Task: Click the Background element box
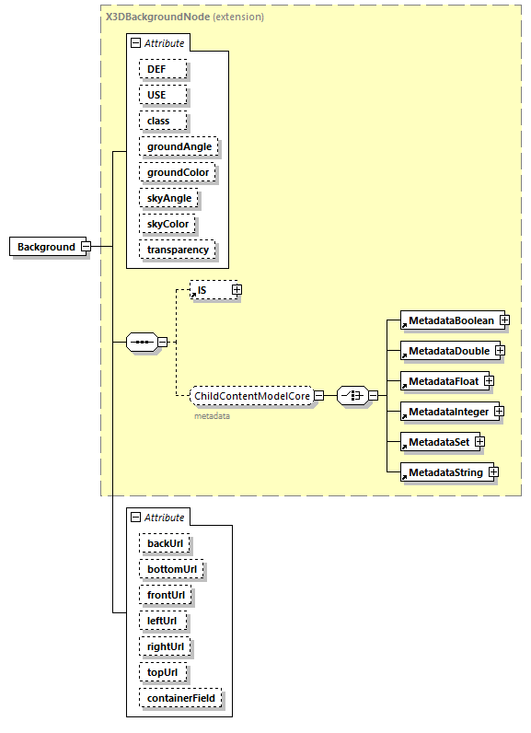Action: pyautogui.click(x=46, y=247)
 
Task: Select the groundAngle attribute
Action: pyautogui.click(x=179, y=146)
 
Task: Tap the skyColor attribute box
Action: pyautogui.click(x=167, y=224)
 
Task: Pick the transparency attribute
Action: pyautogui.click(x=178, y=250)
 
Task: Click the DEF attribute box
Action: pyautogui.click(x=163, y=69)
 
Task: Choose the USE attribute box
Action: pyautogui.click(x=163, y=95)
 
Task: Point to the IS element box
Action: pyautogui.click(x=209, y=290)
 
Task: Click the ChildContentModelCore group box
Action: pyautogui.click(x=250, y=396)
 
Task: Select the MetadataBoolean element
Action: pyautogui.click(x=451, y=320)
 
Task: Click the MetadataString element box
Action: pyautogui.click(x=444, y=472)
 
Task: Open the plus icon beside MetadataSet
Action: pyautogui.click(x=479, y=442)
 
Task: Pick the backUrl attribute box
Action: pyautogui.click(x=165, y=543)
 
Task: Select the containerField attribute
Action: pyautogui.click(x=180, y=698)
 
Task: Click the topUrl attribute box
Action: pyautogui.click(x=163, y=672)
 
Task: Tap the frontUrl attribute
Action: pyautogui.click(x=167, y=595)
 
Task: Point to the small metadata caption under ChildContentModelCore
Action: pyautogui.click(x=212, y=416)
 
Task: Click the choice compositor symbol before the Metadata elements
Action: pyautogui.click(x=352, y=396)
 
